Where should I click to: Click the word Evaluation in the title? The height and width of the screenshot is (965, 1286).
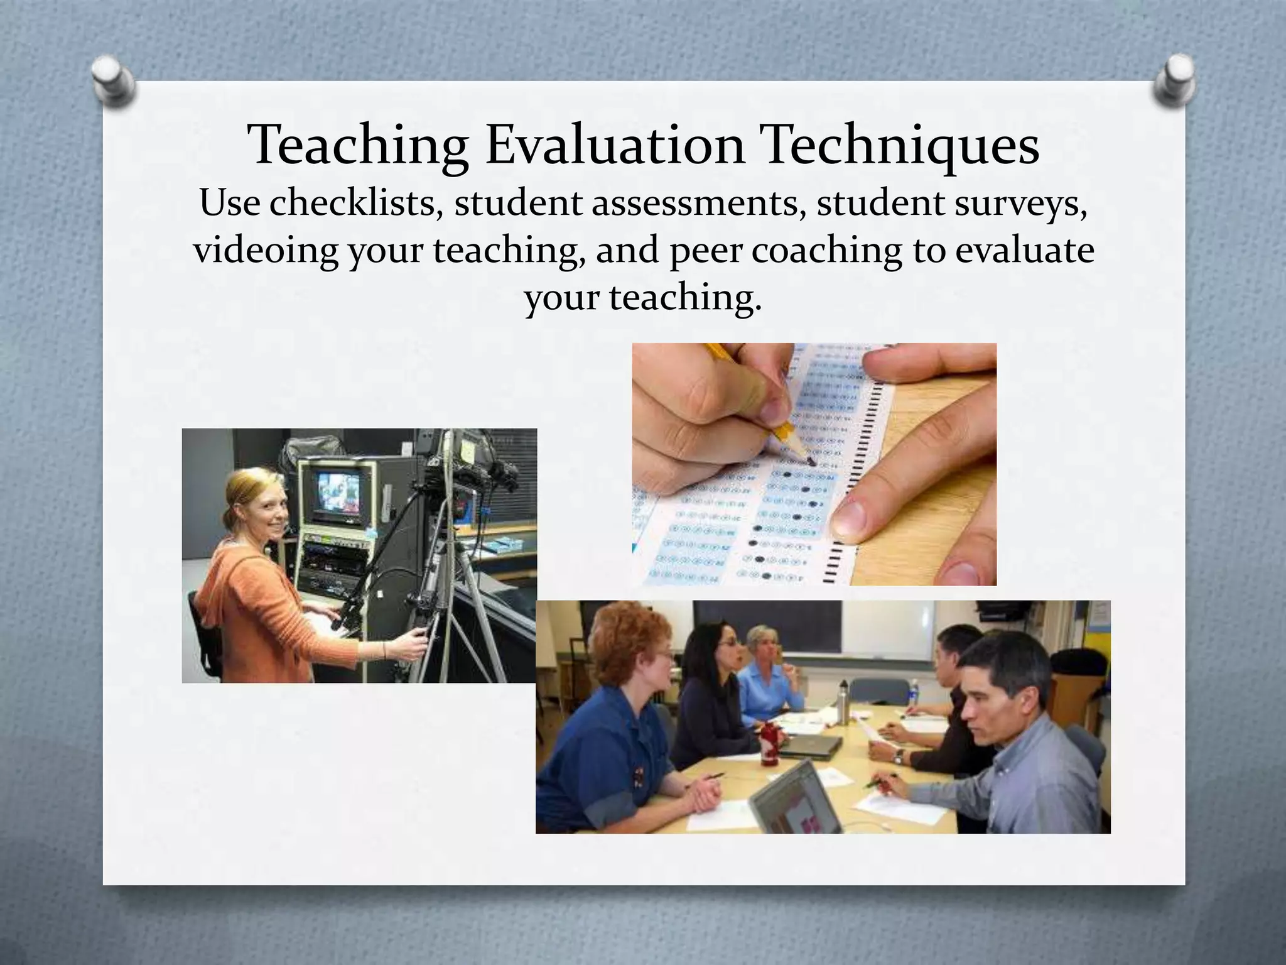615,146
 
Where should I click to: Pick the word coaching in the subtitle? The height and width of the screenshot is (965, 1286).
826,250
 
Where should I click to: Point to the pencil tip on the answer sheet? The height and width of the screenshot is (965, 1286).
811,461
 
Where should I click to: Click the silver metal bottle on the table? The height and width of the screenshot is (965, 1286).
844,701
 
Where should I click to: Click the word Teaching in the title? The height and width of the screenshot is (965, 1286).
359,146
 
